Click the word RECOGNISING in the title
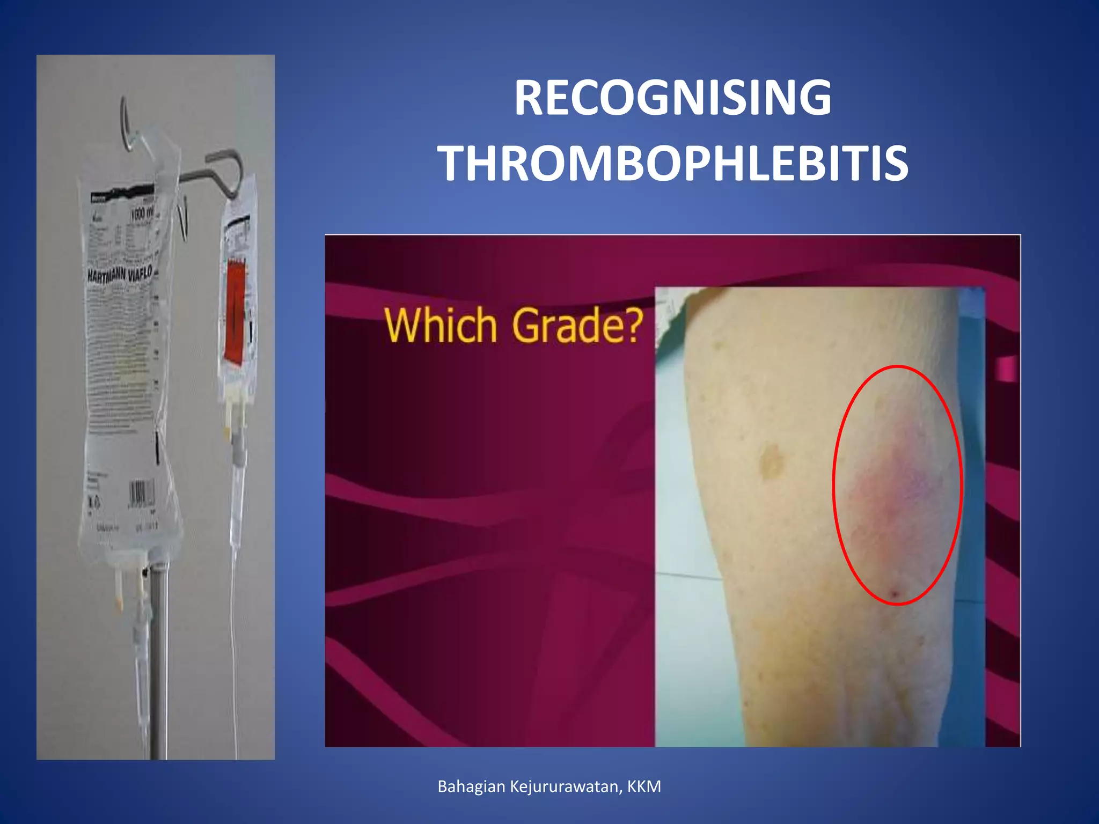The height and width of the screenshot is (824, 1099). pos(672,98)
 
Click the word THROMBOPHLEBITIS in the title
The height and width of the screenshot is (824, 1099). pos(672,164)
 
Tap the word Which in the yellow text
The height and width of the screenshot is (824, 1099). pos(441,326)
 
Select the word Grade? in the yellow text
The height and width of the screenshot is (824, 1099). pos(577,326)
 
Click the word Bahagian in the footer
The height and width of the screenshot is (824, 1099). pos(471,786)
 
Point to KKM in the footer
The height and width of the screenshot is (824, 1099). pos(644,786)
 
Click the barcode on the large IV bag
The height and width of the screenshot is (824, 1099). pos(141,492)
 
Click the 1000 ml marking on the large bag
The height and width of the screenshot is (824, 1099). pos(142,215)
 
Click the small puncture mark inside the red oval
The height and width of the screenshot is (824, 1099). pos(895,593)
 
